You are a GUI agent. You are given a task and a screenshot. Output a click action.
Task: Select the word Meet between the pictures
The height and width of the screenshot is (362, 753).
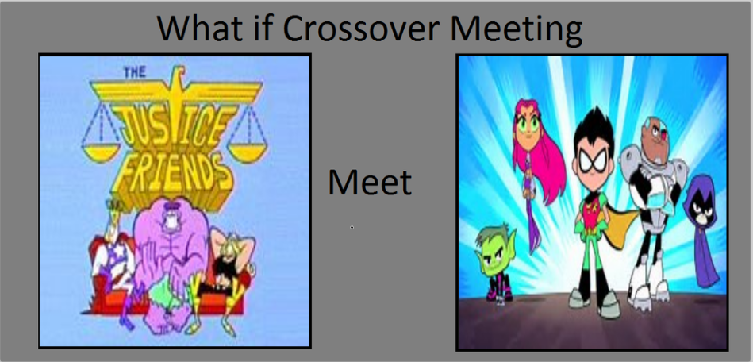(370, 183)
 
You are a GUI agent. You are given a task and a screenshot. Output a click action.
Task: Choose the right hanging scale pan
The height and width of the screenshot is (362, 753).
(246, 154)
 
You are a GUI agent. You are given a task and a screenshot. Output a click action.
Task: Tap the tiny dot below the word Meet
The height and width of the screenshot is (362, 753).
(352, 227)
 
